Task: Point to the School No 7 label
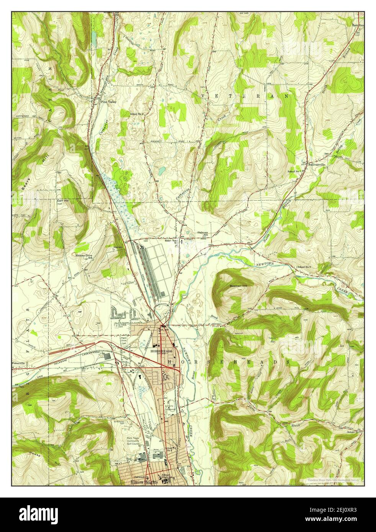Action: coord(296,171)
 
